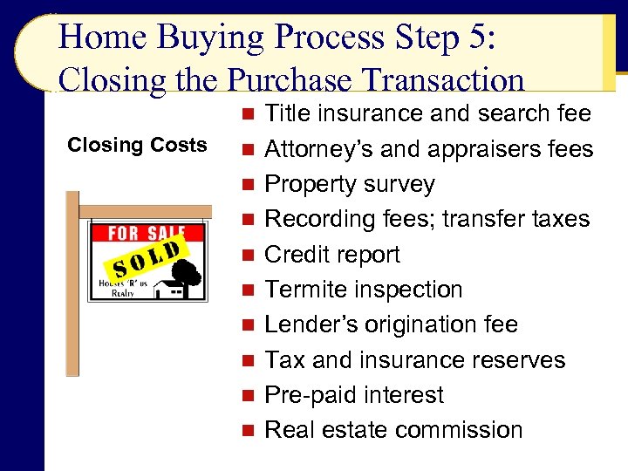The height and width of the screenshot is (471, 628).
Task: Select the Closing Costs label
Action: [x=138, y=145]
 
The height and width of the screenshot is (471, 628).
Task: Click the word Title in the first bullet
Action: [x=288, y=113]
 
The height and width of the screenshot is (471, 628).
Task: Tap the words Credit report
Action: [x=332, y=255]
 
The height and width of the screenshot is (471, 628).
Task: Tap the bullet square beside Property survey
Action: [x=249, y=185]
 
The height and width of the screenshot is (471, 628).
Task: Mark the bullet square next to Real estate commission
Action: [x=249, y=431]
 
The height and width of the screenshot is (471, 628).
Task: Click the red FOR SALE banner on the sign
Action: [x=147, y=233]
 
